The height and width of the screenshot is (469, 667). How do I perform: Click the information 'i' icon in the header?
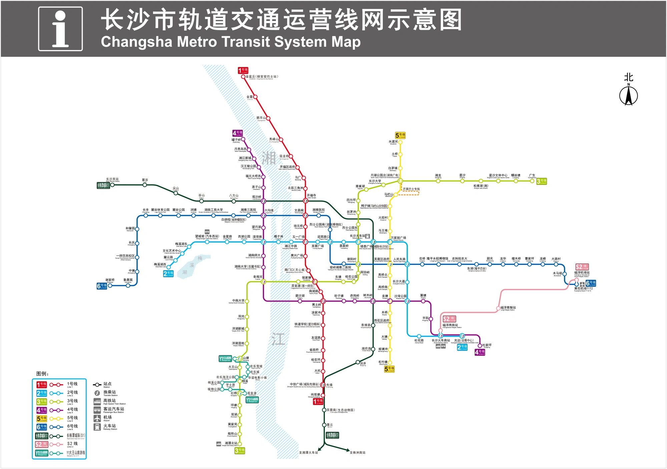60,29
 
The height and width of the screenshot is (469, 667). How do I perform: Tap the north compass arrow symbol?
628,96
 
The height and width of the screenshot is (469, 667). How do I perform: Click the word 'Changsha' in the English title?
137,42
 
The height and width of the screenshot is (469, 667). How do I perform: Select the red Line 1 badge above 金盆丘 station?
243,70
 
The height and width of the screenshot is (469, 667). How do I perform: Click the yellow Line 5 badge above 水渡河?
400,135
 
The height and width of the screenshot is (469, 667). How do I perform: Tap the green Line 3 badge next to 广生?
541,181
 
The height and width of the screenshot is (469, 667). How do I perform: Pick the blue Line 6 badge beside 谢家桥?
102,286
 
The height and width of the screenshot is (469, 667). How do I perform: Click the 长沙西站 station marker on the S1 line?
112,185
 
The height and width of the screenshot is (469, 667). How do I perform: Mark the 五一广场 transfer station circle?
305,242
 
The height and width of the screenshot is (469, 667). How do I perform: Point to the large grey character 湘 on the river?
268,158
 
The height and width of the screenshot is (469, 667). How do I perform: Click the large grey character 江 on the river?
278,339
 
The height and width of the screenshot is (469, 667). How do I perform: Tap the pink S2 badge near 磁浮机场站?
582,267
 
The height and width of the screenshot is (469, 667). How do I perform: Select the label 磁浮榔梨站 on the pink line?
508,308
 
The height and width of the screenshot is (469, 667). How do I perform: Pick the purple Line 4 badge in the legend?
42,410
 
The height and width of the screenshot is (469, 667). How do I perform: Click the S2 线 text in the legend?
72,444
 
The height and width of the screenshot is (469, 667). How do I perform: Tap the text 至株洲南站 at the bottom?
358,453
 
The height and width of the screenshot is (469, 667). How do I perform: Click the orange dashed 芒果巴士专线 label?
411,189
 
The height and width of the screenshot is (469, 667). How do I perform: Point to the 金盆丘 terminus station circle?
243,77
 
